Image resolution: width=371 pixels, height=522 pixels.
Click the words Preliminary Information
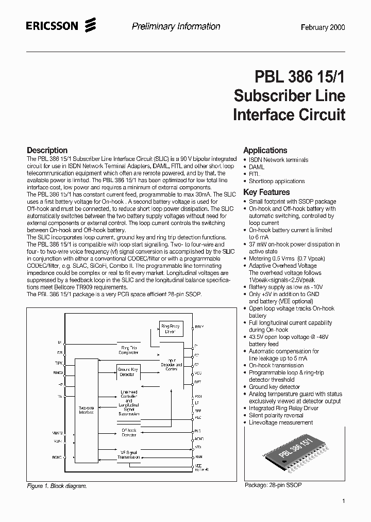pyautogui.click(x=176, y=27)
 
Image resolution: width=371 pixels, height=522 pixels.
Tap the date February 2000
pyautogui.click(x=323, y=28)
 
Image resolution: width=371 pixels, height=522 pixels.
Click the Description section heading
pyautogui.click(x=47, y=150)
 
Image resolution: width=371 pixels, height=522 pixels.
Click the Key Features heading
pyautogui.click(x=266, y=192)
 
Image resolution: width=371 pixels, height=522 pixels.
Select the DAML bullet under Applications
pyautogui.click(x=257, y=167)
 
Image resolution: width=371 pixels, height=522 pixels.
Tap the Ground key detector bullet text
pyautogui.click(x=274, y=386)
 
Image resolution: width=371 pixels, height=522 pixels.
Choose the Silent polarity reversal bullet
pyautogui.click(x=276, y=415)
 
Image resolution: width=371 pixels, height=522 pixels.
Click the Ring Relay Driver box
pyautogui.click(x=171, y=329)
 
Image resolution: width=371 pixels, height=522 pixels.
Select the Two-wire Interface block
pyautogui.click(x=86, y=410)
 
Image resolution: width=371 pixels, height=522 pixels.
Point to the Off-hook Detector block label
pyautogui.click(x=129, y=433)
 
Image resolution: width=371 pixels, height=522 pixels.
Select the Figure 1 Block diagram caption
pyautogui.click(x=57, y=486)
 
